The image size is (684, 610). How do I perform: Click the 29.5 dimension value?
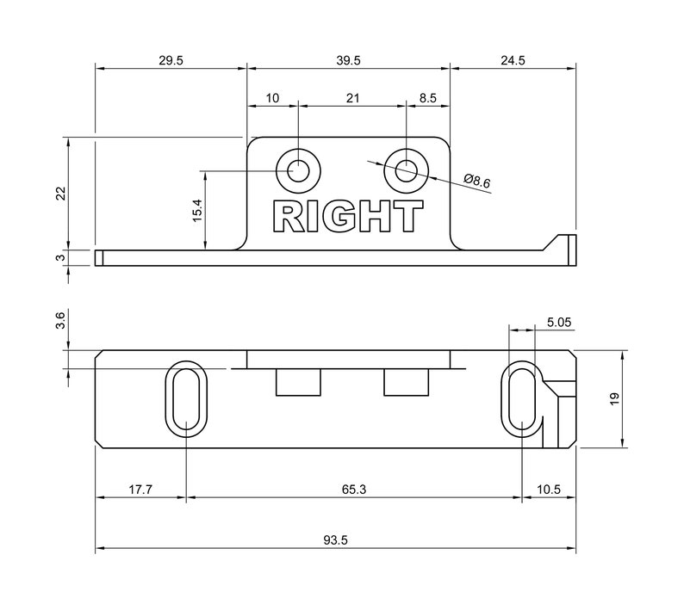click(x=171, y=60)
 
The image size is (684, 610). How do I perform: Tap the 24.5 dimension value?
click(x=512, y=60)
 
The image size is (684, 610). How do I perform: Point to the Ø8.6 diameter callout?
click(x=476, y=182)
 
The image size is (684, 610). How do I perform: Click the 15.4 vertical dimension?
click(x=197, y=211)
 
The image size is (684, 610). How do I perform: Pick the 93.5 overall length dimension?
click(x=335, y=540)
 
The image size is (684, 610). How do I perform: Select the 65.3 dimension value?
click(x=353, y=489)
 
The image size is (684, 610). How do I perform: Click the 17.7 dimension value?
click(x=140, y=489)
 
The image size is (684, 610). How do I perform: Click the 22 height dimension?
click(x=60, y=193)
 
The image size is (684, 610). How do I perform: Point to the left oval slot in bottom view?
click(x=186, y=397)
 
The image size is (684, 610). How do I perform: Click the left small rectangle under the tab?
click(x=298, y=382)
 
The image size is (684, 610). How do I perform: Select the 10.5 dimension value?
click(x=548, y=489)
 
